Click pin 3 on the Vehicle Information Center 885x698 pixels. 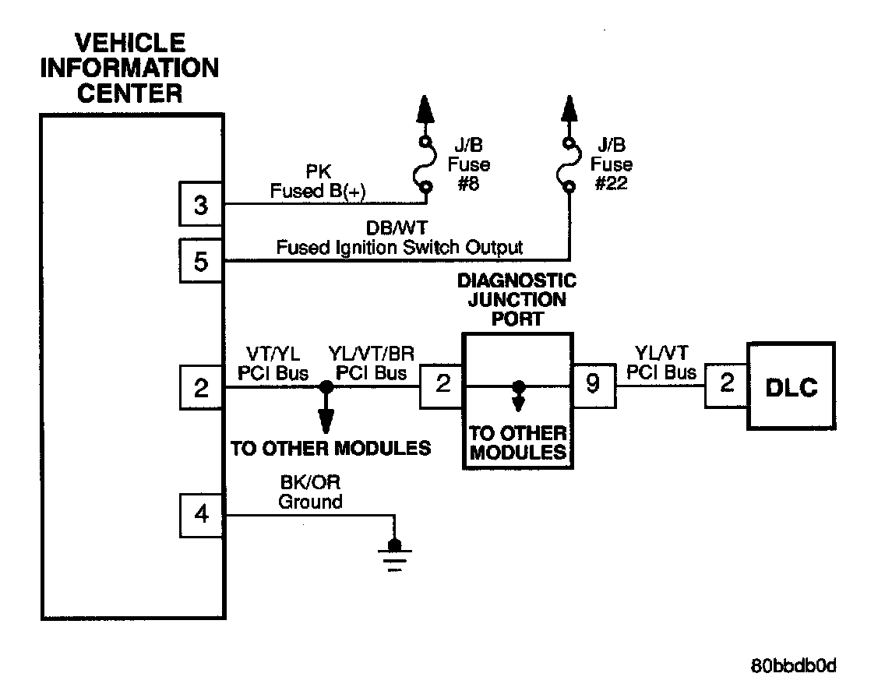point(201,204)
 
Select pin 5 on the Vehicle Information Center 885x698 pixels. point(201,261)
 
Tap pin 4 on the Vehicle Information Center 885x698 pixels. point(201,515)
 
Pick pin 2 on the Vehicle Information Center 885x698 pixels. point(201,388)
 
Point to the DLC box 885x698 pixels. point(792,386)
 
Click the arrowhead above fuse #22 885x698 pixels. point(569,108)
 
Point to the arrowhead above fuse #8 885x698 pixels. point(425,108)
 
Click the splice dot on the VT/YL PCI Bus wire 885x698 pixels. point(326,387)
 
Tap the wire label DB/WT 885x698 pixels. point(397,228)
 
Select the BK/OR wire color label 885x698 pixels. point(310,482)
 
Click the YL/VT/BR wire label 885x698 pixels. point(372,354)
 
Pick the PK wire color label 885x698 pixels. point(318,171)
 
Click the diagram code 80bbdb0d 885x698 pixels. point(793,666)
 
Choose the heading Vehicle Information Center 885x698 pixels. point(130,69)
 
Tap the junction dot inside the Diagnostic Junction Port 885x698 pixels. point(518,386)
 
